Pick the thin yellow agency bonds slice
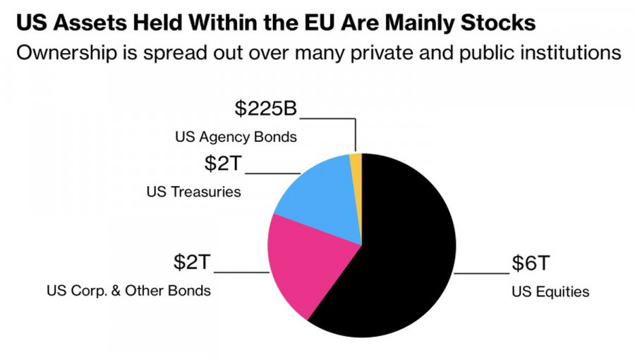click(x=356, y=161)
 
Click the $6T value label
click(x=530, y=264)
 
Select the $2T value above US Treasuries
click(x=223, y=164)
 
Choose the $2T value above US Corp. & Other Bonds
click(x=192, y=263)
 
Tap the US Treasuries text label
click(x=193, y=191)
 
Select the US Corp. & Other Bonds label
click(x=128, y=291)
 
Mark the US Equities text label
click(x=550, y=292)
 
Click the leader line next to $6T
click(x=481, y=272)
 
